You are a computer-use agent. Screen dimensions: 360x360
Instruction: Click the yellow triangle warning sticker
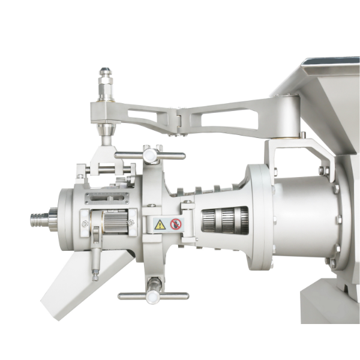pyautogui.click(x=160, y=224)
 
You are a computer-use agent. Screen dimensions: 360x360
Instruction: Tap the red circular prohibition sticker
pyautogui.click(x=176, y=224)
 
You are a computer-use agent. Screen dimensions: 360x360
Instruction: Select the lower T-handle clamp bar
pyautogui.click(x=153, y=295)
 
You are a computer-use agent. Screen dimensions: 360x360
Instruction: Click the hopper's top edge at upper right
pyautogui.click(x=330, y=62)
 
